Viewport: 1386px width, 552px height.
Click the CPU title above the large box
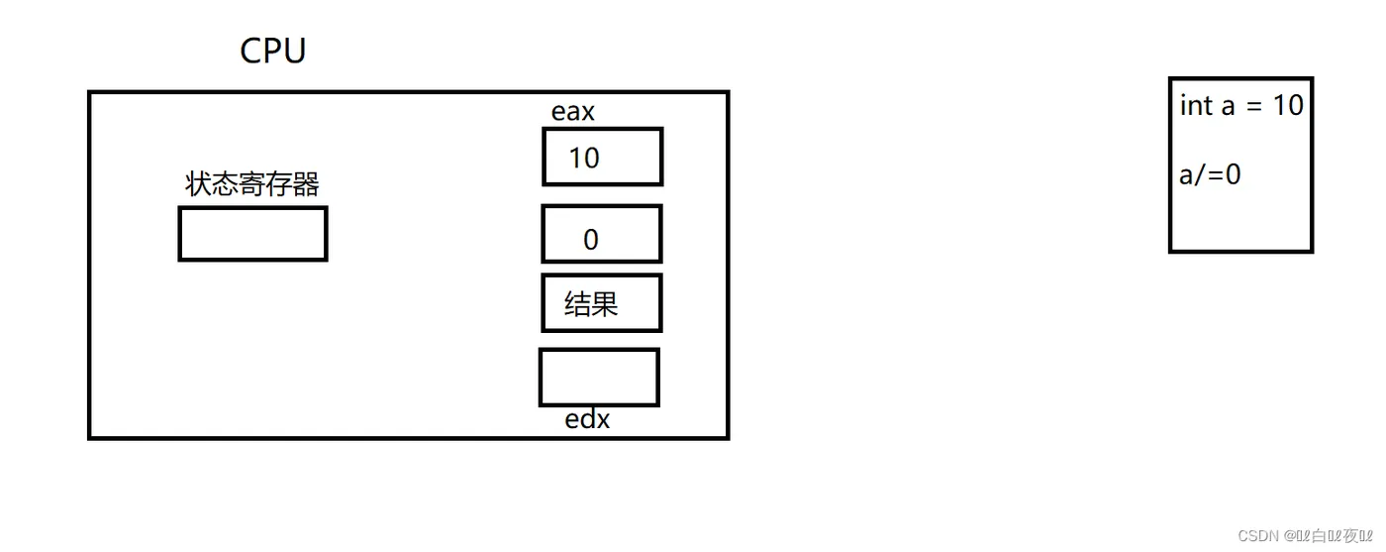272,51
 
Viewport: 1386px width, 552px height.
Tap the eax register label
573,112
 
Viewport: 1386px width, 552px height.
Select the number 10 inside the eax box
584,158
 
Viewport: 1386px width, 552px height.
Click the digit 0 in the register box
591,239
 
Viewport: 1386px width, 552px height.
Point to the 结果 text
591,303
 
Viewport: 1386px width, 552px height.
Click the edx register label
587,420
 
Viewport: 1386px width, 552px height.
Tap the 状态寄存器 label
252,184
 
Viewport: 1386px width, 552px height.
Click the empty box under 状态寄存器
252,234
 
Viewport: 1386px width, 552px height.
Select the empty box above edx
599,378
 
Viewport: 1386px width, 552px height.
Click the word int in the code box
1196,105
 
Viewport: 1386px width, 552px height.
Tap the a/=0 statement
1210,175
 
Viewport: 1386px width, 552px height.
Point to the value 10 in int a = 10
1288,105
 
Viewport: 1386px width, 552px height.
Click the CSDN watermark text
1259,535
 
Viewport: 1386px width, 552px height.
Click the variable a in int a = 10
1228,106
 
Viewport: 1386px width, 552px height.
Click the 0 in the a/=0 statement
1233,175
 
